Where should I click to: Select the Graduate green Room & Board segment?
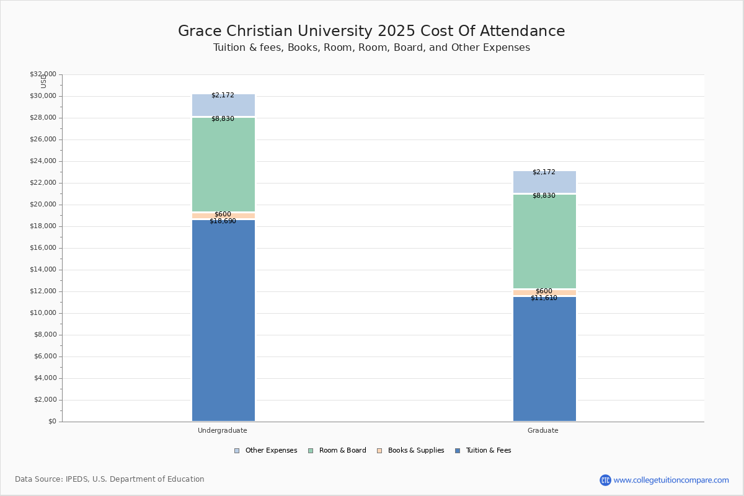pyautogui.click(x=544, y=242)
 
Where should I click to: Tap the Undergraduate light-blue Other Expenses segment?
pyautogui.click(x=223, y=105)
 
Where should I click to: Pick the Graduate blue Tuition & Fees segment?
pyautogui.click(x=544, y=360)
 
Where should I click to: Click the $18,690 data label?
pyautogui.click(x=223, y=221)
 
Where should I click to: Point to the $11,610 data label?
pyautogui.click(x=544, y=298)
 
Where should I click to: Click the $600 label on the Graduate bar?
pyautogui.click(x=544, y=291)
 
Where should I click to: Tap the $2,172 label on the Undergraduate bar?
pyautogui.click(x=223, y=95)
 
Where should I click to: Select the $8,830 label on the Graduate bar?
pyautogui.click(x=544, y=196)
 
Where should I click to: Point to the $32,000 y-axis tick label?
pyautogui.click(x=43, y=74)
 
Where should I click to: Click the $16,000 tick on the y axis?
pyautogui.click(x=43, y=248)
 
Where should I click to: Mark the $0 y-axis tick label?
pyautogui.click(x=51, y=422)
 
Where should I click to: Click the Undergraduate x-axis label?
pyautogui.click(x=223, y=430)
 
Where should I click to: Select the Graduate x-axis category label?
pyautogui.click(x=543, y=430)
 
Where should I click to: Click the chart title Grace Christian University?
pyautogui.click(x=371, y=32)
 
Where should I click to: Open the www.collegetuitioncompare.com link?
pyautogui.click(x=671, y=480)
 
